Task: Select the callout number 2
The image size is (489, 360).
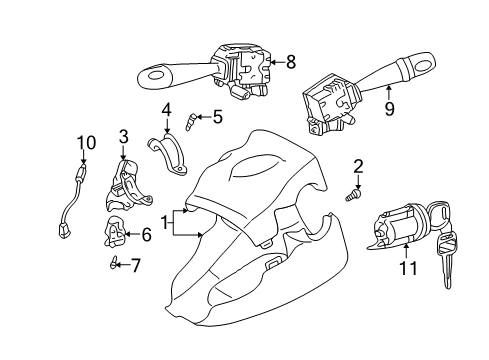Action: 358,167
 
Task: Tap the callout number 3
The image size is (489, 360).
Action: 124,137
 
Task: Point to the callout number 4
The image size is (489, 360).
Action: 166,110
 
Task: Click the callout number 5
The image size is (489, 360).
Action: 217,117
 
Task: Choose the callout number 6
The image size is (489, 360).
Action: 146,235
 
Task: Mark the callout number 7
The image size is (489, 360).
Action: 136,265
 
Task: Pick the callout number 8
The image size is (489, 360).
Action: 290,62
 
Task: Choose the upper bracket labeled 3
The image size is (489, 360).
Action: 127,182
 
